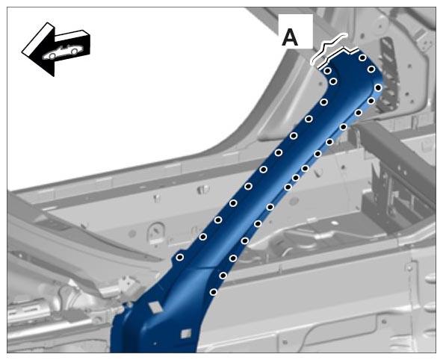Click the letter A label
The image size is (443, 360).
(x=290, y=38)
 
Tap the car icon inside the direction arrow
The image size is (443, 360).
(x=61, y=52)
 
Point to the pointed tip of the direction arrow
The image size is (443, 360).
(x=22, y=52)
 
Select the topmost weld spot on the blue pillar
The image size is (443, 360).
(x=362, y=58)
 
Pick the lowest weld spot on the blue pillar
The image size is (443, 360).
(x=214, y=292)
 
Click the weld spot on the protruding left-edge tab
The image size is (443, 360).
(x=180, y=257)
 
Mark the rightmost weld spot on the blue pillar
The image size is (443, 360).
(x=378, y=87)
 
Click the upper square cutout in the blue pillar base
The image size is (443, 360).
(x=155, y=307)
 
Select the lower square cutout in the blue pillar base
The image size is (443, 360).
(x=185, y=333)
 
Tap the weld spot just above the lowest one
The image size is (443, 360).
(x=223, y=275)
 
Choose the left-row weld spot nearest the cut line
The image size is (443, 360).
(x=327, y=70)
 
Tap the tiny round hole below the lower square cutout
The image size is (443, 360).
(x=155, y=344)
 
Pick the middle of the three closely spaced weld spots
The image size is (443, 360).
(x=296, y=178)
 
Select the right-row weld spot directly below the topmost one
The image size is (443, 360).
(x=371, y=69)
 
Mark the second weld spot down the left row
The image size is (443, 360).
(x=333, y=81)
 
